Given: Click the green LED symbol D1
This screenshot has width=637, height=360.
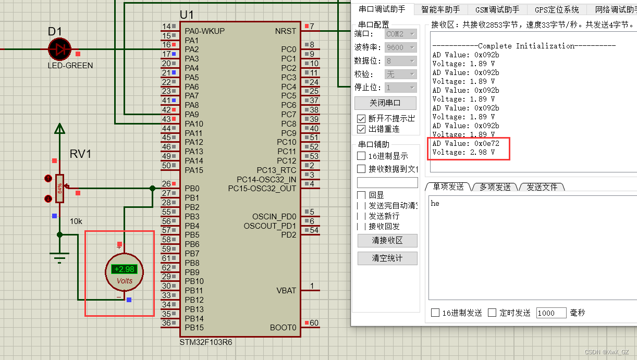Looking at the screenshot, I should click(60, 49).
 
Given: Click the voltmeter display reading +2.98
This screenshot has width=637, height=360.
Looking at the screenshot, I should click(124, 269).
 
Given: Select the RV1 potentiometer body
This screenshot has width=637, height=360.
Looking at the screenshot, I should click(59, 188).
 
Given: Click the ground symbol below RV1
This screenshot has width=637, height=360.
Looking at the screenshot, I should click(60, 256).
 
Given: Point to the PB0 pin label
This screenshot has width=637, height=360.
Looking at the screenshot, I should click(192, 189).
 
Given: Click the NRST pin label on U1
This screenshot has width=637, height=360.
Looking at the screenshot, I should click(285, 31).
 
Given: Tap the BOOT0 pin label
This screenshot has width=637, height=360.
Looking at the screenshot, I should click(283, 328).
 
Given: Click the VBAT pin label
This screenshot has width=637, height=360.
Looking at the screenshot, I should click(286, 291).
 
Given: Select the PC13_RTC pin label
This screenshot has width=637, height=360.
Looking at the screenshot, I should click(276, 170).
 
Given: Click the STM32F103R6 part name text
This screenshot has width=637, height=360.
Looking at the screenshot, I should click(206, 342).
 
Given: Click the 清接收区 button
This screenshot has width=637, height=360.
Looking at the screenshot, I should click(387, 240).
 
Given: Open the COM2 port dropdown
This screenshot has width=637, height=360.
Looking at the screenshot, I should click(400, 34).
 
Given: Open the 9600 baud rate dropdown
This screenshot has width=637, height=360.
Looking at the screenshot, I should click(400, 47).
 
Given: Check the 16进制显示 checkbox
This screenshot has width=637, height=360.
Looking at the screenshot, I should click(361, 156).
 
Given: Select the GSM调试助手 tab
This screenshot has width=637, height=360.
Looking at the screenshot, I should click(497, 9).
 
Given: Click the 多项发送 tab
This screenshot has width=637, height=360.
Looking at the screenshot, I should click(495, 187).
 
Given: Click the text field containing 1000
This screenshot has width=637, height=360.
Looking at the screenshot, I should click(551, 313).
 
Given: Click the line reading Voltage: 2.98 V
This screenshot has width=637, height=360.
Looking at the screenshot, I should click(463, 152).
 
